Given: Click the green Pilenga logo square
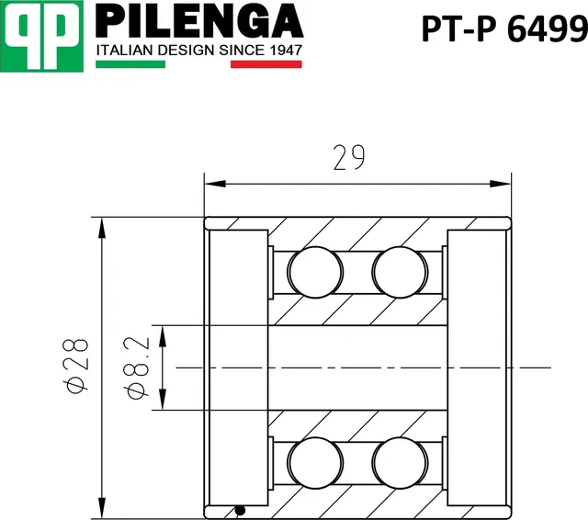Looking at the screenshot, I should [42, 34].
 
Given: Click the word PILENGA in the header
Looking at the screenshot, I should [199, 19].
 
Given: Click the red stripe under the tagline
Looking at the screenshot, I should [266, 64].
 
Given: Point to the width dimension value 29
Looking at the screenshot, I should [348, 159].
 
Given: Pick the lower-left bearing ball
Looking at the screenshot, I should [315, 462].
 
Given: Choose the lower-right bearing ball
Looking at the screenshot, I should [400, 462].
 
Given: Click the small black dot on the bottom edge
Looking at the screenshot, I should [240, 511].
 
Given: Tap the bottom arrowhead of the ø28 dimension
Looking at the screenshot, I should [99, 509].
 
